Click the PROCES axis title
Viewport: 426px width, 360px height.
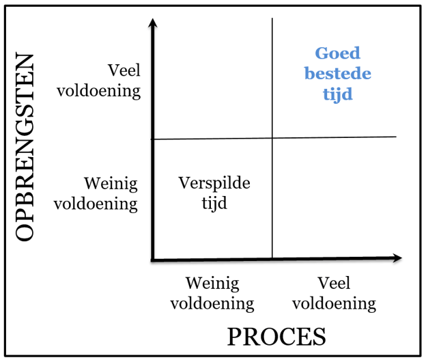[276, 337]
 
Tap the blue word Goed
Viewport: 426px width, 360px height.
[337, 53]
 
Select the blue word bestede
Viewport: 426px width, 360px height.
[337, 74]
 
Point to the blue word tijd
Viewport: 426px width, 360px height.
[337, 94]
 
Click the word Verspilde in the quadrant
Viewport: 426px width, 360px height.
[214, 183]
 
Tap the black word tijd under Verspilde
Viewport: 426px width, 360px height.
[214, 203]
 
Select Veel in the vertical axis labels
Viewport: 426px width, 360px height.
[124, 71]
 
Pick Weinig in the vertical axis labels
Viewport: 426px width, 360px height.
[111, 184]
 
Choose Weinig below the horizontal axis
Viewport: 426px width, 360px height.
[212, 283]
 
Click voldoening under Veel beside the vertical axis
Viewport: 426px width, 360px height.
[98, 91]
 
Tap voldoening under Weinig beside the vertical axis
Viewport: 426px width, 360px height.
[96, 204]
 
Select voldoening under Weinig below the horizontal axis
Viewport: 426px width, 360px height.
[212, 303]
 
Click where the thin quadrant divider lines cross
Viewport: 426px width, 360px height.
[272, 138]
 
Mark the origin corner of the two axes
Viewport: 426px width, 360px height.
[153, 260]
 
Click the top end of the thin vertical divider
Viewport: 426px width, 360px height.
[272, 19]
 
